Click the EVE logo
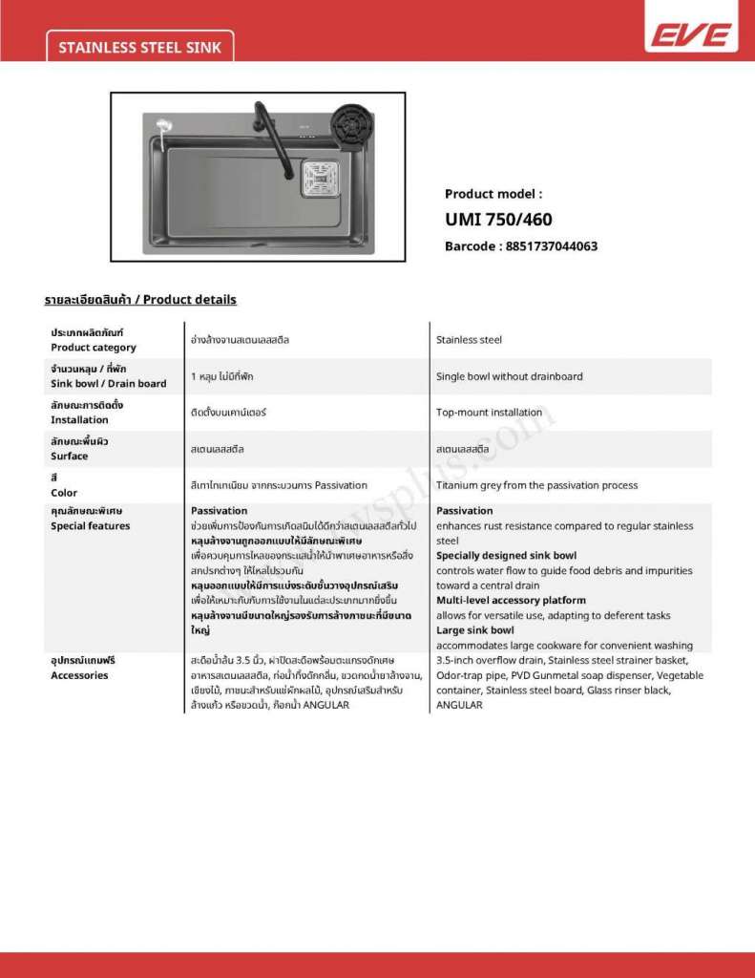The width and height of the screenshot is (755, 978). pyautogui.click(x=692, y=35)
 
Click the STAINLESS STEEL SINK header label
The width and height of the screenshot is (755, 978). pyautogui.click(x=139, y=47)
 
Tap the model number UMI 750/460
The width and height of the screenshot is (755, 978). pyautogui.click(x=498, y=220)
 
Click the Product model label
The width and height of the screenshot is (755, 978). pyautogui.click(x=493, y=194)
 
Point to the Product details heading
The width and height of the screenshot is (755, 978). pyautogui.click(x=140, y=300)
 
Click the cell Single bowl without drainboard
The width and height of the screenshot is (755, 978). pyautogui.click(x=509, y=376)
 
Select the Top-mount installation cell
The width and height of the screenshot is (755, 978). pyautogui.click(x=489, y=413)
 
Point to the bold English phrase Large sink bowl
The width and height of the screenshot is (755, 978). pyautogui.click(x=475, y=630)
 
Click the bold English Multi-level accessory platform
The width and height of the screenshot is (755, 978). pyautogui.click(x=512, y=601)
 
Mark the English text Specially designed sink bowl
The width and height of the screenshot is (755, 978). pyautogui.click(x=506, y=556)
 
